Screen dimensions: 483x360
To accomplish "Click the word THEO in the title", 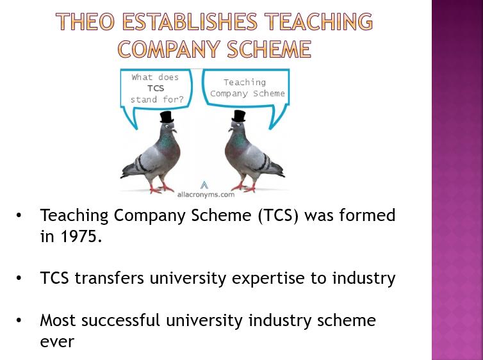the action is [85, 21].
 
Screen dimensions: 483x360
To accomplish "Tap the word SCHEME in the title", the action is [269, 49].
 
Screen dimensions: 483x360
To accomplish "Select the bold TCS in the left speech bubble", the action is [156, 88].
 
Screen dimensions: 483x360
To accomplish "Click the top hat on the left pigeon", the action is [167, 117].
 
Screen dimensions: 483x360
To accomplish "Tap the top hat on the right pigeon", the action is [239, 116].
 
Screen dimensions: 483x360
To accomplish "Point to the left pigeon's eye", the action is [167, 126].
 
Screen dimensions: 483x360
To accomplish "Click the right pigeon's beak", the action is [231, 129].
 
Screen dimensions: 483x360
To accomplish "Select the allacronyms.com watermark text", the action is [206, 195].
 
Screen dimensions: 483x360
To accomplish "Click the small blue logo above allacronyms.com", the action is [204, 185].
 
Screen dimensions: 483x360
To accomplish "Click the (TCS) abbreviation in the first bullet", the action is [279, 216].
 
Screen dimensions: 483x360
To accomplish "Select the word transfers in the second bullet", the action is [110, 277].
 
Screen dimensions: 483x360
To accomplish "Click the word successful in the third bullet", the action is [120, 320].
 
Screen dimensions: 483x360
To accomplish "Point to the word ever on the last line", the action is [57, 342].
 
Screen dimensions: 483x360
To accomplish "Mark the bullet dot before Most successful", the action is [19, 320].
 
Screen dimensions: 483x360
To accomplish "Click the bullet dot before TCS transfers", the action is [19, 278].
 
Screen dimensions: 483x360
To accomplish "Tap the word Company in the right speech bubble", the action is [229, 94].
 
